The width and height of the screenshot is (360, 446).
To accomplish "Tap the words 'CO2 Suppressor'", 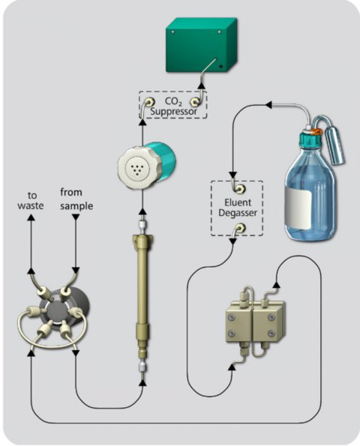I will [x=172, y=106].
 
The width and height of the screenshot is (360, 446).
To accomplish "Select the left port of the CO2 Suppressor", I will [x=149, y=101].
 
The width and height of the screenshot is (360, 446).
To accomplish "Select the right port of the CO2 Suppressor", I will [x=196, y=101].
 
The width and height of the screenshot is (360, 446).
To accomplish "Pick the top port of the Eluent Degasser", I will [x=237, y=186].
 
